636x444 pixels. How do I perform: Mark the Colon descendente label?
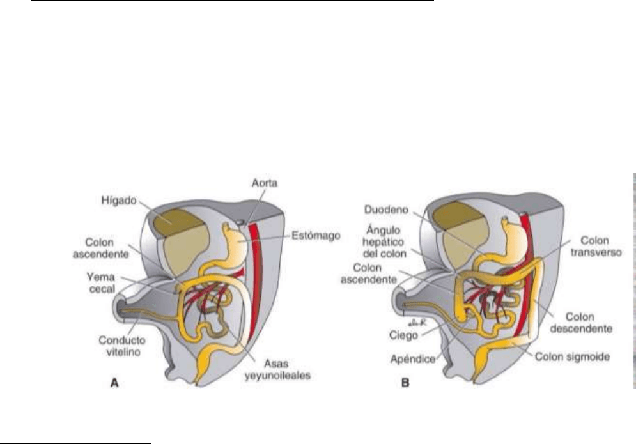pos(588,323)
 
